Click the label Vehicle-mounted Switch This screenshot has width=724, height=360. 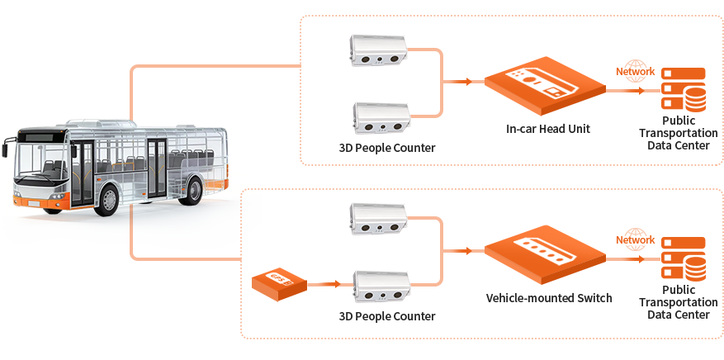pos(549,297)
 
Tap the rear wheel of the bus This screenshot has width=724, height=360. pos(191,189)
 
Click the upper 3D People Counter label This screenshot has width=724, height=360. pos(386,149)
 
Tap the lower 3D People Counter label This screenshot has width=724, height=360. pos(386,316)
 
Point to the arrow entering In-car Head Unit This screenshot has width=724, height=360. pos(458,82)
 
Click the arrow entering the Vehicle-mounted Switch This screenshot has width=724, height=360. pos(458,250)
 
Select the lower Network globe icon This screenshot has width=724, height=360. pos(634,239)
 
